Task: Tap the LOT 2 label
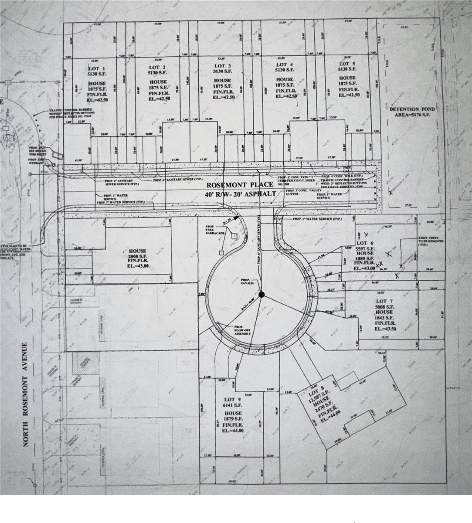click(157, 68)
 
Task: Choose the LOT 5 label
click(347, 64)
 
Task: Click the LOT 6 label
click(365, 243)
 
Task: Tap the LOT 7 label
click(381, 301)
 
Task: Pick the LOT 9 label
click(233, 399)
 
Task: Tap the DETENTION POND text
click(412, 109)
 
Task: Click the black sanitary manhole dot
click(261, 295)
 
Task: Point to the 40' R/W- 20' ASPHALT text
click(242, 194)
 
